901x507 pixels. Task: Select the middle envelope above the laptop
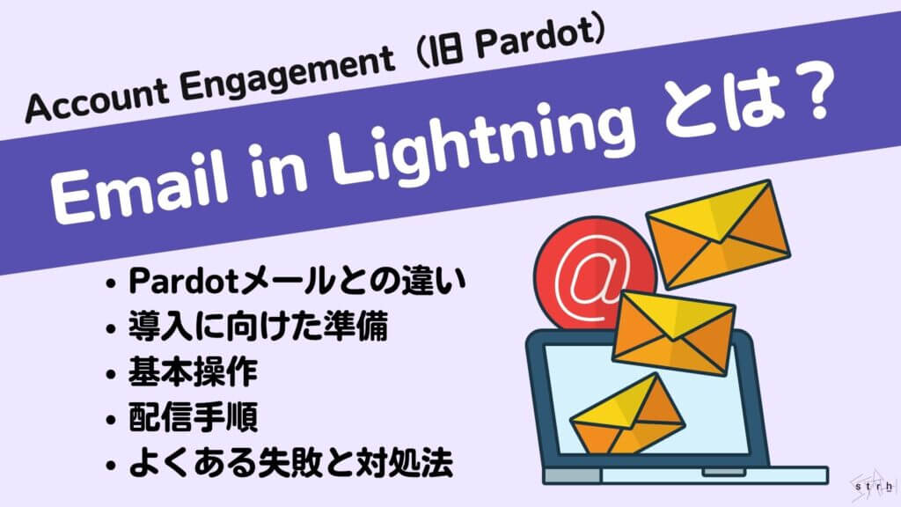coord(673,331)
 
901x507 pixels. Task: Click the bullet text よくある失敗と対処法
coord(291,462)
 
